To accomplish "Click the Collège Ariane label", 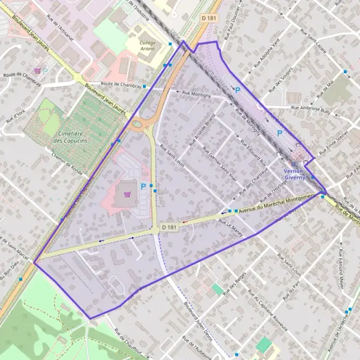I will pyautogui.click(x=148, y=46).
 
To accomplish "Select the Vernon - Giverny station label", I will pyautogui.click(x=295, y=174).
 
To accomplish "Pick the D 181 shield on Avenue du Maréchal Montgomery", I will pyautogui.click(x=170, y=227).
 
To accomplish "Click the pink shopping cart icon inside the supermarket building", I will pyautogui.click(x=127, y=194).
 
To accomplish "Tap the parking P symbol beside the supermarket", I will pyautogui.click(x=143, y=187).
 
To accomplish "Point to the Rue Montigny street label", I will pyautogui.click(x=196, y=94).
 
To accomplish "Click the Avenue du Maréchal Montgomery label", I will pyautogui.click(x=276, y=202).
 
